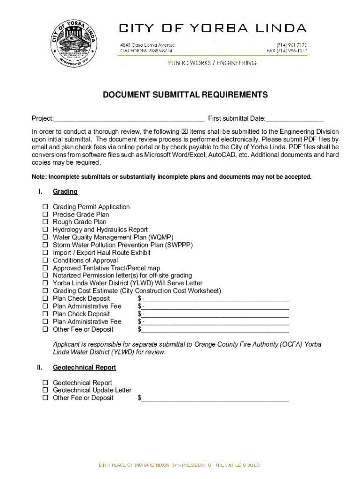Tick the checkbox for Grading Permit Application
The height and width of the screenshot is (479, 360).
46,207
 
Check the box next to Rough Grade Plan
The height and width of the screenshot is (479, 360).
46,222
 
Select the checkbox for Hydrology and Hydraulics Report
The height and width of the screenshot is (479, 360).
46,230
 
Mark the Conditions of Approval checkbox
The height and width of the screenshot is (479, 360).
46,261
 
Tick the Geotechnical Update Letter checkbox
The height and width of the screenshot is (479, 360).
46,390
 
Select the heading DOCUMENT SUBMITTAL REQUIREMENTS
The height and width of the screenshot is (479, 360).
186,95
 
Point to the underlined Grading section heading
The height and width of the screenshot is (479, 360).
65,192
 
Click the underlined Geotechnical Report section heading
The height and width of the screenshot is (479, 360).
84,368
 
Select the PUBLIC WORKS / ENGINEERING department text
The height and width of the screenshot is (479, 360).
212,63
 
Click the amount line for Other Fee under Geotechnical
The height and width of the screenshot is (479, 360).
215,399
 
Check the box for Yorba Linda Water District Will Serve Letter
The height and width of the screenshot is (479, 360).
46,283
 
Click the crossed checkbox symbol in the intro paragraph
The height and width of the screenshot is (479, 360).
184,132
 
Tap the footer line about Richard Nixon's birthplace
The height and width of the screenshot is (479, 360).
179,465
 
